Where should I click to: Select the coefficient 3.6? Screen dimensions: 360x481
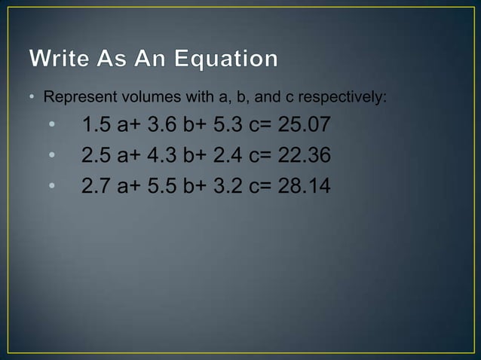(x=164, y=124)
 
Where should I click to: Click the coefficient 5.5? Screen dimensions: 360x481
(x=164, y=185)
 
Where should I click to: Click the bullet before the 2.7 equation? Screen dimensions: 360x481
(x=52, y=185)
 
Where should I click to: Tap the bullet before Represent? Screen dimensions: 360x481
(x=32, y=99)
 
